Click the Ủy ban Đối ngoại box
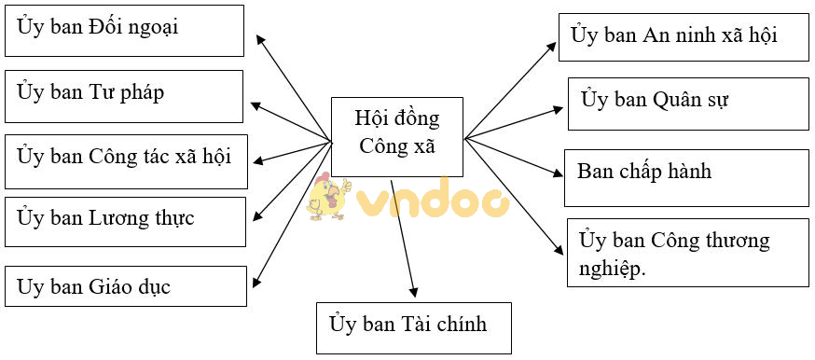coord(125,30)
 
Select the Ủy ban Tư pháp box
coord(125,95)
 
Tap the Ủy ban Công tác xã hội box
coord(125,159)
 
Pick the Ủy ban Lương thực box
coord(125,222)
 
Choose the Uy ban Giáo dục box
coord(125,286)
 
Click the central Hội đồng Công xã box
coord(397,136)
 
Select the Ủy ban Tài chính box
coord(414,327)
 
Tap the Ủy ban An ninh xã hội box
coord(684,36)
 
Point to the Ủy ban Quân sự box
coord(687,103)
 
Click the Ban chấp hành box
coord(685,176)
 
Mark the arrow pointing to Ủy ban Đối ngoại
coord(294,88)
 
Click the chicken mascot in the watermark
coord(328,195)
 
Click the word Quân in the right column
coord(678,99)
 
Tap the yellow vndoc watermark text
coord(434,200)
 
